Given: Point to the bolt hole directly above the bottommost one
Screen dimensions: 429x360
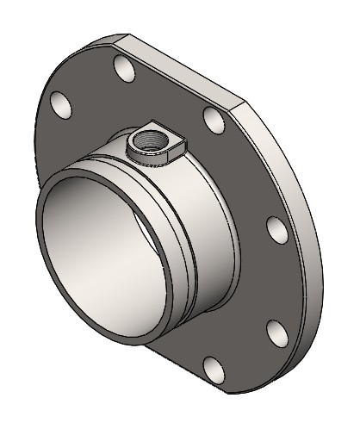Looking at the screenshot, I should tap(275, 332).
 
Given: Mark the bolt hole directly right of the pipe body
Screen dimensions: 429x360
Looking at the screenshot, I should tap(276, 230).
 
